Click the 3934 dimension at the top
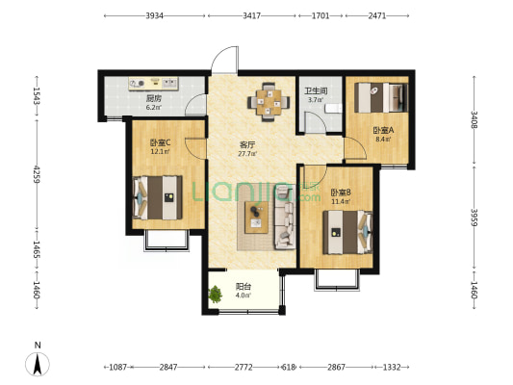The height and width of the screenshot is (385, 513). click(154, 15)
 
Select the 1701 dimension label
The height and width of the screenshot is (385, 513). click(320, 15)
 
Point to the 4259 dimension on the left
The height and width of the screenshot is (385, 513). click(36, 174)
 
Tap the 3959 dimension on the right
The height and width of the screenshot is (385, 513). click(475, 218)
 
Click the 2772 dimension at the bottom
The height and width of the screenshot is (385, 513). click(244, 368)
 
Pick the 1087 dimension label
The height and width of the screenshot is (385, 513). click(117, 368)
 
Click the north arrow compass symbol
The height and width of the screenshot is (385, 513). click(38, 364)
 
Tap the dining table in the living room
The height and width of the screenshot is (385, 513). click(269, 102)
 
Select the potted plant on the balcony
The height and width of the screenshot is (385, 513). click(216, 294)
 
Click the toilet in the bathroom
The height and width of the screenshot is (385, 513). click(334, 108)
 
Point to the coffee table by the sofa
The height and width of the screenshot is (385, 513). click(256, 218)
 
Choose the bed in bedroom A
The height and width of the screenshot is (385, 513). click(381, 97)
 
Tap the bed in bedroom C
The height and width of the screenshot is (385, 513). click(158, 197)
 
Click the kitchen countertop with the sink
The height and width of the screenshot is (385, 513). click(153, 84)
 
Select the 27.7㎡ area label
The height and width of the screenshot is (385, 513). click(247, 154)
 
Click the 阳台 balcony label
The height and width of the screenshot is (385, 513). click(244, 287)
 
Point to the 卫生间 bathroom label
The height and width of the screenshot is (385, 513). click(316, 90)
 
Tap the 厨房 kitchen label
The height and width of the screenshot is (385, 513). click(153, 98)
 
